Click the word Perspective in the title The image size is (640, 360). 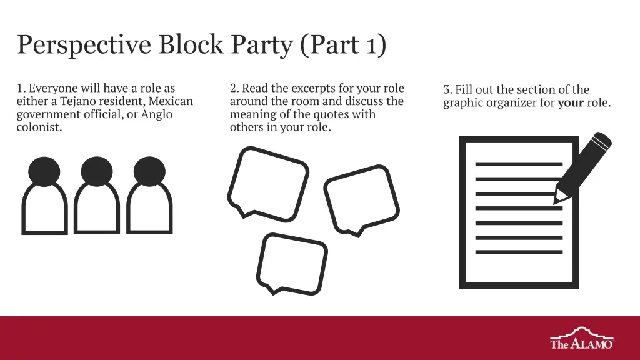84,44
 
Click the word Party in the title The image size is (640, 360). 262,44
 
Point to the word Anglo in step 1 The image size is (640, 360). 156,114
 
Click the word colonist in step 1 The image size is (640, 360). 39,127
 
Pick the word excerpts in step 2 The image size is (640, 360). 314,89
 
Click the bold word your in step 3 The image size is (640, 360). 571,102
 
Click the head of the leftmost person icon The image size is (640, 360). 44,171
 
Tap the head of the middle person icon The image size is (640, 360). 97,171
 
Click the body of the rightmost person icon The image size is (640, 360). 149,231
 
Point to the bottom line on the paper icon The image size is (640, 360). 519,252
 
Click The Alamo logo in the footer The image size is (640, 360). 582,338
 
